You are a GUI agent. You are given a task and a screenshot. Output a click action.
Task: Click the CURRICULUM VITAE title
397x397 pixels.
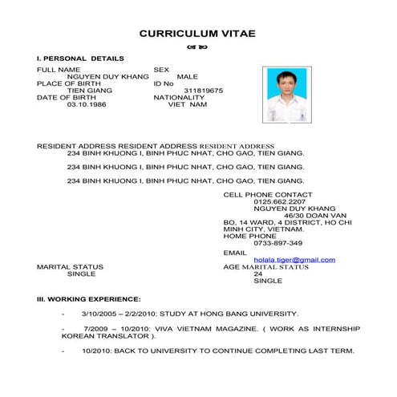[197, 34]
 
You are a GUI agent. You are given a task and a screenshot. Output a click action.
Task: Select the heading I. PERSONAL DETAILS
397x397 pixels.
[80, 59]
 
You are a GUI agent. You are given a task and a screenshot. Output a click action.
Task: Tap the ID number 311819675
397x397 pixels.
[204, 91]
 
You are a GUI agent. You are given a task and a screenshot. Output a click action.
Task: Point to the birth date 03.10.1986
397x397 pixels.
[86, 104]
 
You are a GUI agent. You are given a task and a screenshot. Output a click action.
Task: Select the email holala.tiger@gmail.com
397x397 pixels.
[294, 260]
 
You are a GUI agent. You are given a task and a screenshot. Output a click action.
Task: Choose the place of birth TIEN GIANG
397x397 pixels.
[89, 91]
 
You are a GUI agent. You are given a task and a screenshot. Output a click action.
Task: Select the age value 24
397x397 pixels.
[257, 273]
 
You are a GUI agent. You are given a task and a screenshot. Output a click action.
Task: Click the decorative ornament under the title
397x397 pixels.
[197, 47]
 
